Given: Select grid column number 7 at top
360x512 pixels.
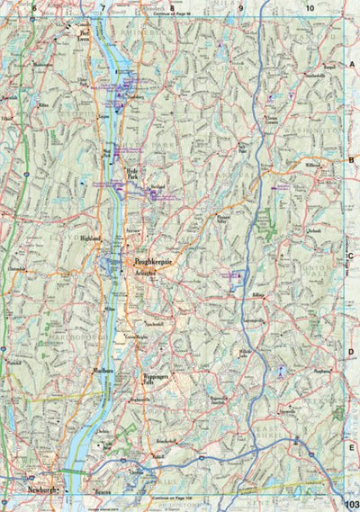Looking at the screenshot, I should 103,8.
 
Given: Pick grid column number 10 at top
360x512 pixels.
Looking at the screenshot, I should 309,8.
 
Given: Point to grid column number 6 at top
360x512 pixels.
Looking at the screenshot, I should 33,8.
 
